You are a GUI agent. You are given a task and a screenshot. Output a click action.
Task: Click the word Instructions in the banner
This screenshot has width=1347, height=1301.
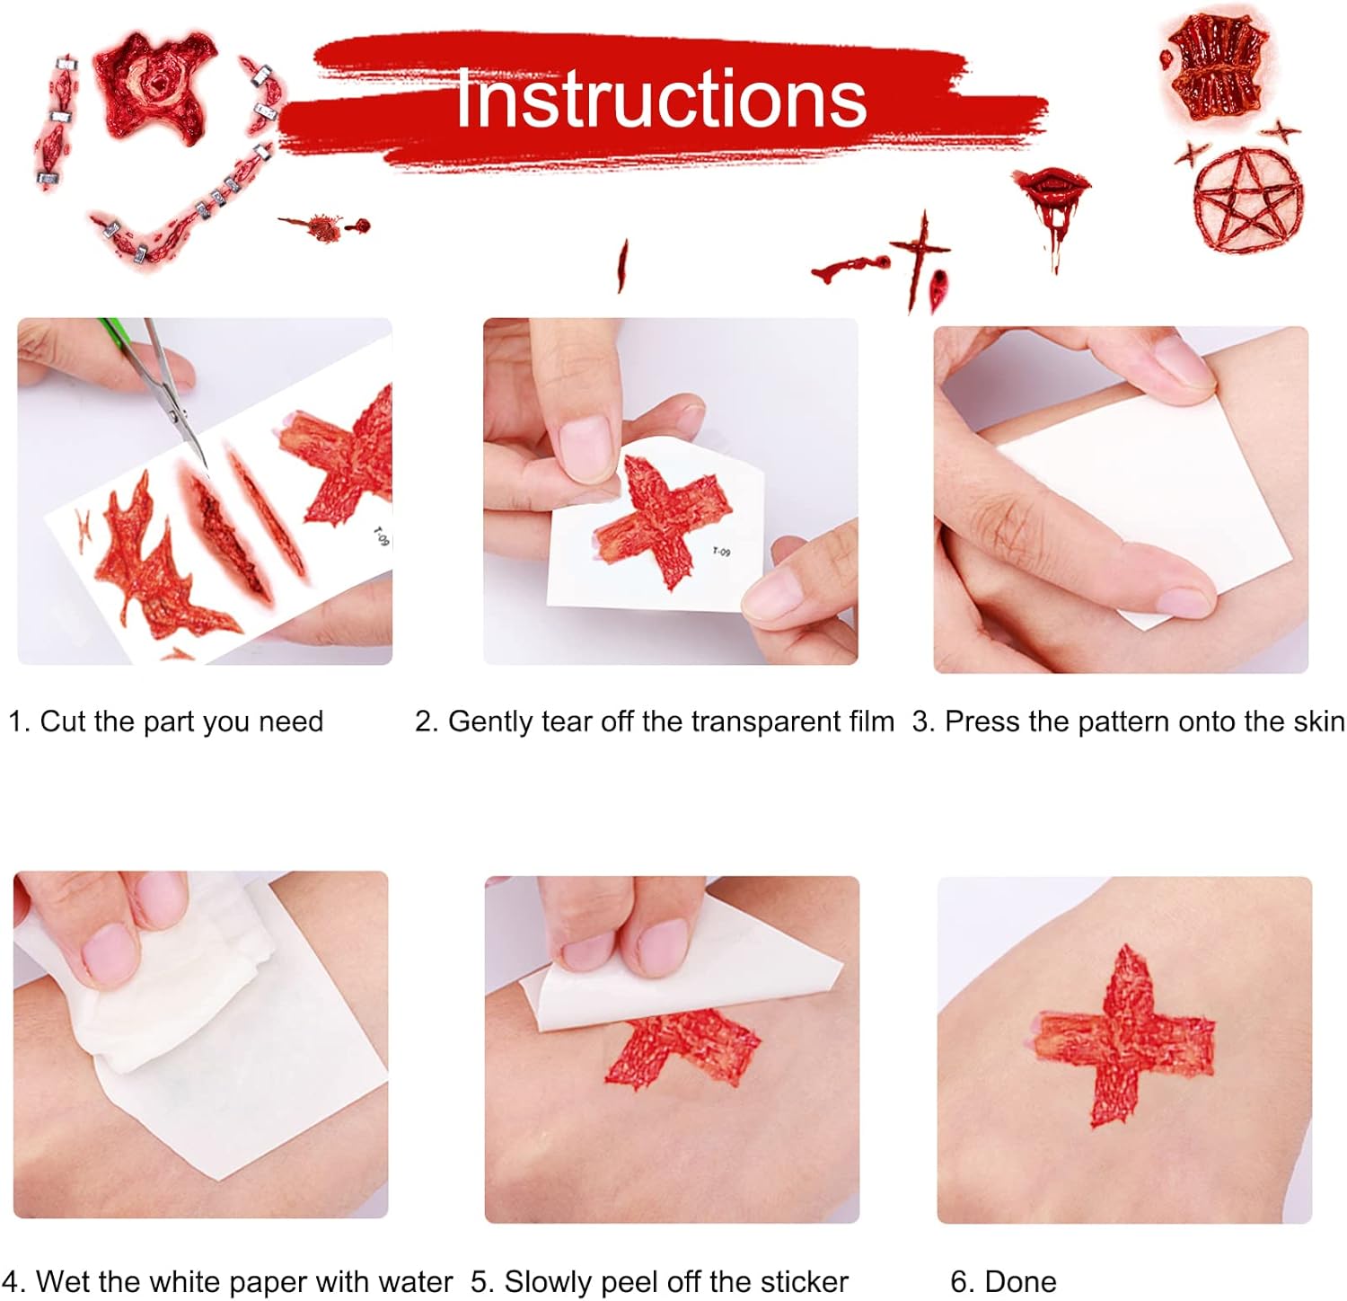pyautogui.click(x=661, y=98)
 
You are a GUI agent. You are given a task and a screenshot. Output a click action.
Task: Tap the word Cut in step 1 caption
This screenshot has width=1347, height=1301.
pyautogui.click(x=63, y=721)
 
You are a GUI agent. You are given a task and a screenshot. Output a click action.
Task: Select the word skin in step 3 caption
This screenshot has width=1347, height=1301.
pyautogui.click(x=1317, y=721)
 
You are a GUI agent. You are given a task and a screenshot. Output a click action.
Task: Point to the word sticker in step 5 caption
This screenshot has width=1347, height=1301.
pyautogui.click(x=805, y=1281)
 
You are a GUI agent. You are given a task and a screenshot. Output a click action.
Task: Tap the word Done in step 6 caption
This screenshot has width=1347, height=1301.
pyautogui.click(x=1020, y=1281)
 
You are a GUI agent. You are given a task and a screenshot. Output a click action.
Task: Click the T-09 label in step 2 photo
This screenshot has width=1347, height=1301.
pyautogui.click(x=721, y=552)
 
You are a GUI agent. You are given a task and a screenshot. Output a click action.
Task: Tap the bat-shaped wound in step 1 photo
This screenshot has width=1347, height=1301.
pyautogui.click(x=157, y=566)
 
